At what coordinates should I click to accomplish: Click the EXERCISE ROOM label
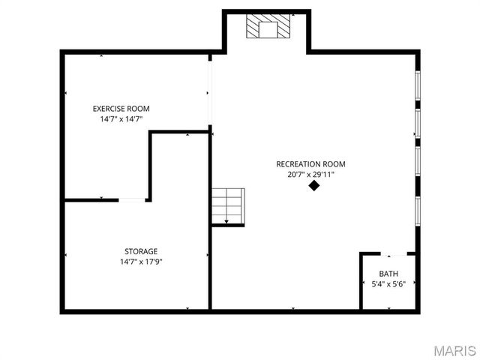121,109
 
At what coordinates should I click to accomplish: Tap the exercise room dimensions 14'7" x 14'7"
121,119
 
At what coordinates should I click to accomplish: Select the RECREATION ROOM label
310,164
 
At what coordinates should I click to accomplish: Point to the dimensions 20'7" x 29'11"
310,175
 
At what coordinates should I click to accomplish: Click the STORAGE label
141,251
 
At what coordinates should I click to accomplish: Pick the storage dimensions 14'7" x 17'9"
141,262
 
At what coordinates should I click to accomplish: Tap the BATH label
388,274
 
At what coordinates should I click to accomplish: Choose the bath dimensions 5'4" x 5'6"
388,284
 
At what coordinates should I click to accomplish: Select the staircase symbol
228,205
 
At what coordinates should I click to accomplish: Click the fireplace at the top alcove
268,26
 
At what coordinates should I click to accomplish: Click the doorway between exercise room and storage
132,199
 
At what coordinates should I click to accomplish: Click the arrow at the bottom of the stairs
226,221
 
